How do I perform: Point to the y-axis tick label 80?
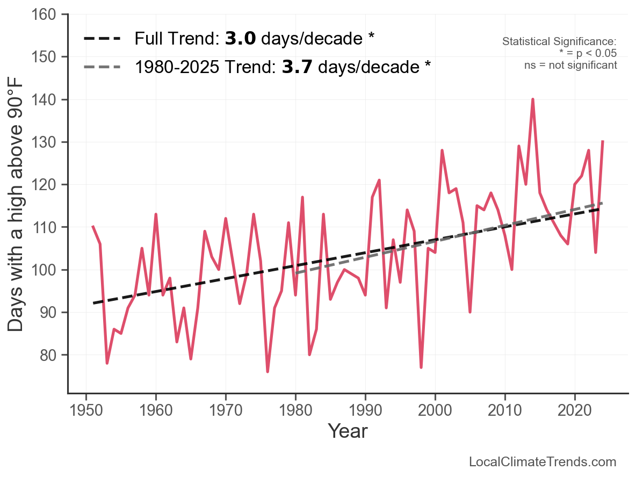pos(48,355)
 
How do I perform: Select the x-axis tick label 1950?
pos(86,411)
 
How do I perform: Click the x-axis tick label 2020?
pos(575,411)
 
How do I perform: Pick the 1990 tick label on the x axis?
pos(365,411)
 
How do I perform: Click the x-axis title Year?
pos(348,431)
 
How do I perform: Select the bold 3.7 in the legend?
pos(296,67)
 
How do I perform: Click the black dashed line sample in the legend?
pos(104,39)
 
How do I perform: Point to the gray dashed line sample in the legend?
pos(104,67)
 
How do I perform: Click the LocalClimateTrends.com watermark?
pos(543,462)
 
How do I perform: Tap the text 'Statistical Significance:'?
pos(559,42)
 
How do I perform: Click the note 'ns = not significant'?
pos(570,65)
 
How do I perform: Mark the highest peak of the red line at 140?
pos(533,99)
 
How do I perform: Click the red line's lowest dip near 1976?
pos(268,371)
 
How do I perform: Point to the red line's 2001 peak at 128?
pos(442,150)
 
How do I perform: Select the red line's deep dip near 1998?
pos(421,367)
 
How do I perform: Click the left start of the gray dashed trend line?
pos(296,273)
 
